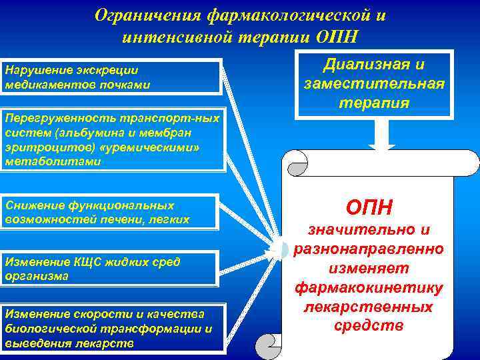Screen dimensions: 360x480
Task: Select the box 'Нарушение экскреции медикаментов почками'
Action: click(111, 77)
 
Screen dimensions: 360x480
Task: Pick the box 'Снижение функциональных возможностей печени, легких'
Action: click(111, 212)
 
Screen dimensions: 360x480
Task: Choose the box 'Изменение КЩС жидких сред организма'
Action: click(111, 269)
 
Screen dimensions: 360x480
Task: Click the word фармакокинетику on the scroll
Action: click(369, 289)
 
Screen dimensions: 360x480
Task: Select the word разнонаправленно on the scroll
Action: click(369, 251)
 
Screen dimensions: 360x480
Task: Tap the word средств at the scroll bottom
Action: click(369, 326)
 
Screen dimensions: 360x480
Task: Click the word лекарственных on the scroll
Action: click(369, 307)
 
